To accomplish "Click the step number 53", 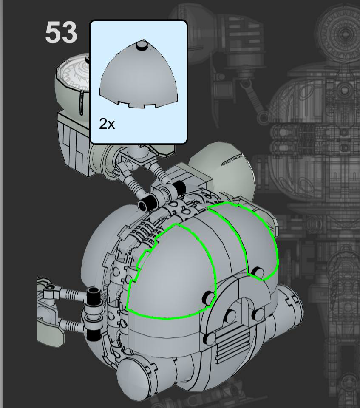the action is tap(61, 33).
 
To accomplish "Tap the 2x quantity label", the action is tap(107, 124).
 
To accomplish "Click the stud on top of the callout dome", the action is tap(142, 45).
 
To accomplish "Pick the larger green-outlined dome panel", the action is tap(172, 273).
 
